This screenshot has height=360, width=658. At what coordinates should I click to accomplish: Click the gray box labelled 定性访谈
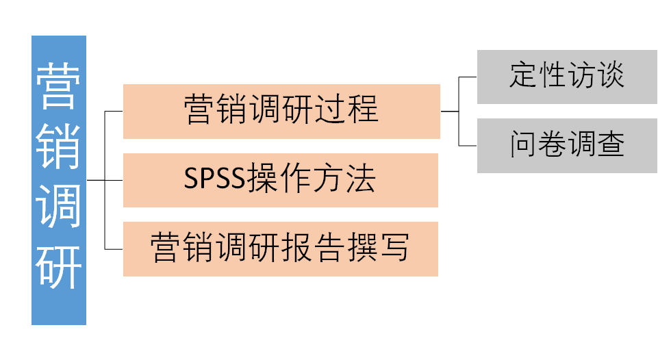pyautogui.click(x=567, y=77)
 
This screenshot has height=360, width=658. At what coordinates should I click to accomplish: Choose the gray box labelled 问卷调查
pyautogui.click(x=567, y=145)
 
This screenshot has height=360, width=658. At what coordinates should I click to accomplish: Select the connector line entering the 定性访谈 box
pyautogui.click(x=468, y=77)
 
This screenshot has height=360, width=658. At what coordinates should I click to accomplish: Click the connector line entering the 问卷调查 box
pyautogui.click(x=468, y=145)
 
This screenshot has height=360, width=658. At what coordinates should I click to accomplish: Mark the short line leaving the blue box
pyautogui.click(x=95, y=180)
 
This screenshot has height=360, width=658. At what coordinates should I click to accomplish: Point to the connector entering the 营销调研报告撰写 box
pyautogui.click(x=114, y=248)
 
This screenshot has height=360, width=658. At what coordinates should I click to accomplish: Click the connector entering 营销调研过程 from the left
pyautogui.click(x=114, y=111)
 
